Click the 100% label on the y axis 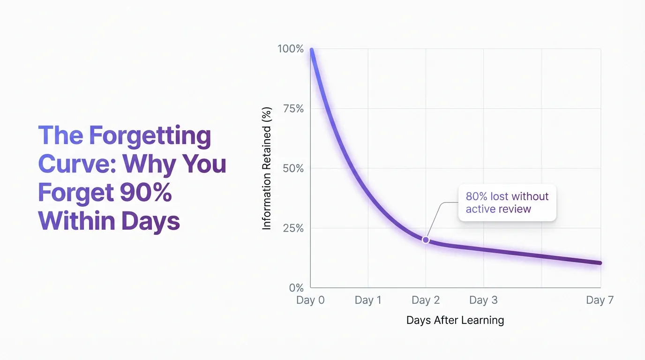pyautogui.click(x=291, y=49)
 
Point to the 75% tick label pyautogui.click(x=293, y=109)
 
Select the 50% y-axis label pyautogui.click(x=293, y=168)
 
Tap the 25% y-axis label pyautogui.click(x=293, y=228)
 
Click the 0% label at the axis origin pyautogui.click(x=296, y=288)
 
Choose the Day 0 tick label pyautogui.click(x=310, y=300)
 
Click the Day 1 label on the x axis pyautogui.click(x=368, y=300)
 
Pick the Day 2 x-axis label pyautogui.click(x=426, y=300)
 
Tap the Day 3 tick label pyautogui.click(x=483, y=300)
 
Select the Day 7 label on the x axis pyautogui.click(x=600, y=300)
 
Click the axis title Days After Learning pyautogui.click(x=455, y=321)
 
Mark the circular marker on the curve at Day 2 pyautogui.click(x=426, y=240)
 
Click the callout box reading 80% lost pyautogui.click(x=507, y=202)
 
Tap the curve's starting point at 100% pyautogui.click(x=311, y=50)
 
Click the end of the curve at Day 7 pyautogui.click(x=600, y=263)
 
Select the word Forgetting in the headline pyautogui.click(x=150, y=136)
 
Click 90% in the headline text pyautogui.click(x=145, y=193)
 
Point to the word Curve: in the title pyautogui.click(x=77, y=164)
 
